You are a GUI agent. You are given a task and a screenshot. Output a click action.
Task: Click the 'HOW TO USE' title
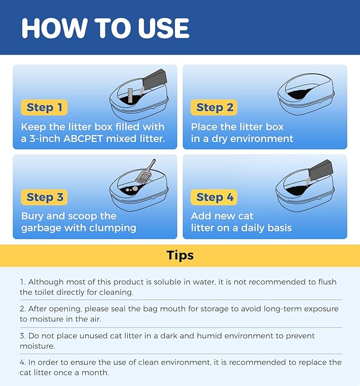[106, 28]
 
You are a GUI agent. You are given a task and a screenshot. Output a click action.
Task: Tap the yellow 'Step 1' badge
[44, 107]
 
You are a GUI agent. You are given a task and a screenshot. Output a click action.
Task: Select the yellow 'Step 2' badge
[214, 107]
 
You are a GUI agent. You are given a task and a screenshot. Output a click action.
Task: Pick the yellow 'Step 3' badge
[44, 197]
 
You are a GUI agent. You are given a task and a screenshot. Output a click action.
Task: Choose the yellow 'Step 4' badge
[214, 197]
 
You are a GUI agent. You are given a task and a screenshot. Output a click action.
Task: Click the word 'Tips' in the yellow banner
[180, 256]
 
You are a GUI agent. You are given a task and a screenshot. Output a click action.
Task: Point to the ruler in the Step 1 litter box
[130, 95]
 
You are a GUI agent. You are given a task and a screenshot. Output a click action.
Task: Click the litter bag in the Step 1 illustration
[155, 80]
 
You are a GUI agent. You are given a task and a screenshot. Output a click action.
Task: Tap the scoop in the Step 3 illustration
[145, 172]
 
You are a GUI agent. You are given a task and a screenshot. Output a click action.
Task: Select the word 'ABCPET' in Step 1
[83, 138]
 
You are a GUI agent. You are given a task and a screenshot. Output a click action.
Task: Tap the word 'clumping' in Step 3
[112, 228]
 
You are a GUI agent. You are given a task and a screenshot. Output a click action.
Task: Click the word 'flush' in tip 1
[327, 282]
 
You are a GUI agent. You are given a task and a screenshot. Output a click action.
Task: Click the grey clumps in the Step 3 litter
[132, 189]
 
